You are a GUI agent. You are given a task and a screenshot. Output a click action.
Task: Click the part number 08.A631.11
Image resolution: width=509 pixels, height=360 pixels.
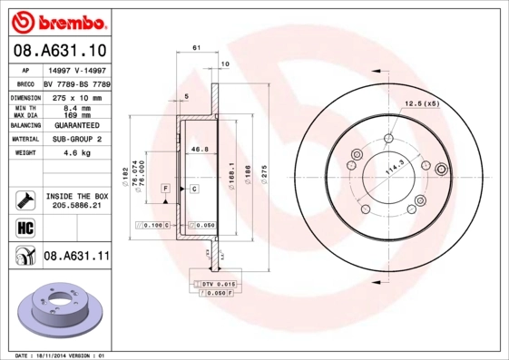(76, 257)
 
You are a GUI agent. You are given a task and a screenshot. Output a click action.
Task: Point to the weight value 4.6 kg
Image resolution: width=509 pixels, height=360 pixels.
(79, 153)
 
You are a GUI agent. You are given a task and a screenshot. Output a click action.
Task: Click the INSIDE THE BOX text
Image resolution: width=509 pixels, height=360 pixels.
(77, 196)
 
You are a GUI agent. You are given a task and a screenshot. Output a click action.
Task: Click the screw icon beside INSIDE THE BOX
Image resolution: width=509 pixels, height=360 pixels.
(24, 199)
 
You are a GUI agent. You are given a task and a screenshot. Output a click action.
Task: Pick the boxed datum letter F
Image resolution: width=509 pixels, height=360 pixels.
(166, 188)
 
